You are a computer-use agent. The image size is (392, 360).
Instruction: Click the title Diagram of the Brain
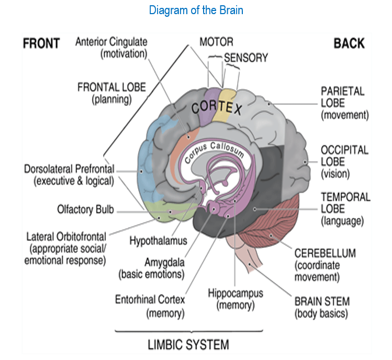(196, 10)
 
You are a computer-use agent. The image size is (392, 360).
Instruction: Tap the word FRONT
(41, 43)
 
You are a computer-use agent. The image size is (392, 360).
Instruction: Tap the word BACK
(349, 43)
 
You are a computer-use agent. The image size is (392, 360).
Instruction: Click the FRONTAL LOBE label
(111, 92)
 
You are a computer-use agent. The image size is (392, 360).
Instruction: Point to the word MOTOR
(216, 42)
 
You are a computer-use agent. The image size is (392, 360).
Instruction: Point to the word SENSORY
(246, 58)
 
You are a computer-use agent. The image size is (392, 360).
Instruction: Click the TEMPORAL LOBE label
(345, 209)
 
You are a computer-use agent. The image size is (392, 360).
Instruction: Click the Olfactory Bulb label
(85, 210)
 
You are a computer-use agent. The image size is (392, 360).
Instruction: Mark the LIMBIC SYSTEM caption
(188, 344)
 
